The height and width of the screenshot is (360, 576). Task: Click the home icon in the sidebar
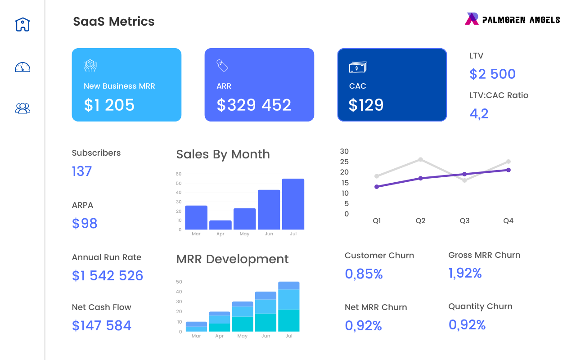[x=22, y=24]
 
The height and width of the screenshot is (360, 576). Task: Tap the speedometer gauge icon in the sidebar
[x=22, y=67]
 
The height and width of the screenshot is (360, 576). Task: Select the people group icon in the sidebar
[x=22, y=108]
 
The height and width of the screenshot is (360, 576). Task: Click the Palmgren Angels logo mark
[x=472, y=19]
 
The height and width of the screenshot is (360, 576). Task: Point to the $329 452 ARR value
[x=254, y=105]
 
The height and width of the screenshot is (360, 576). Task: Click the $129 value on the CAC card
[x=366, y=105]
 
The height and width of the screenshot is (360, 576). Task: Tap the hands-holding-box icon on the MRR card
[x=90, y=66]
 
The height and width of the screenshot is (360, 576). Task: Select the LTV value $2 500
[x=492, y=74]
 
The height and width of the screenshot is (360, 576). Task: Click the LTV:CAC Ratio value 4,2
[x=479, y=113]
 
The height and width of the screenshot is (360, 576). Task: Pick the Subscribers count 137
[x=81, y=171]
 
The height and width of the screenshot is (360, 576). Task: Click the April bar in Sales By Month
[x=220, y=225]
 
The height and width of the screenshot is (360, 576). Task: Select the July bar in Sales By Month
[x=293, y=204]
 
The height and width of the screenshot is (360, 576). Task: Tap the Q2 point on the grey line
[x=420, y=160]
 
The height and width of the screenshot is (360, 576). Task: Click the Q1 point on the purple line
[x=377, y=187]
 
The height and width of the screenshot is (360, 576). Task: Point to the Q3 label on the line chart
[x=464, y=221]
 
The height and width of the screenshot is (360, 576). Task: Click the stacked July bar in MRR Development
[x=288, y=306]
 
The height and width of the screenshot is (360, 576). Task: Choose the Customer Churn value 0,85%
[x=364, y=274]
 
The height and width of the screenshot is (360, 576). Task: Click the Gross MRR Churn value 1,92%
[x=465, y=273]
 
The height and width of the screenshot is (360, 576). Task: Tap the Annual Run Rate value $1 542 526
[x=108, y=275]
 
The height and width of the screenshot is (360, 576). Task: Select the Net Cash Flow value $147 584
[x=102, y=325]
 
